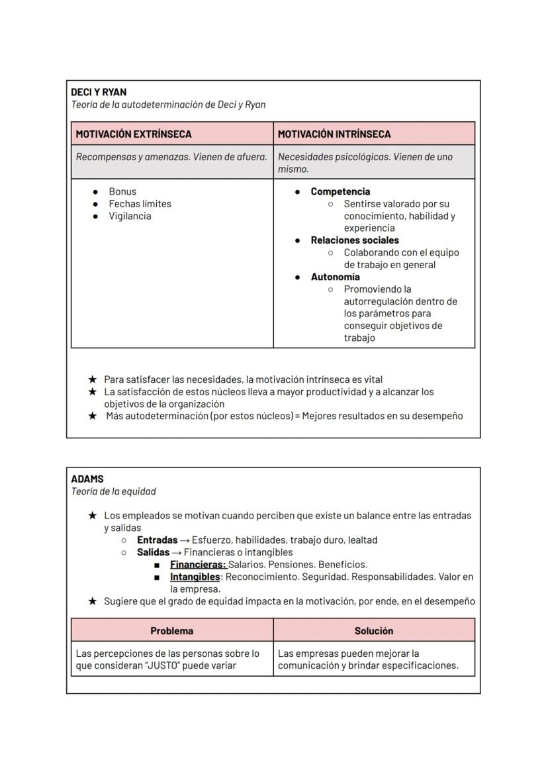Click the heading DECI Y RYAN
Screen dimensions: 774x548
pos(99,92)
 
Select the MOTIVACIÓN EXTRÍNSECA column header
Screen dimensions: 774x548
pos(134,134)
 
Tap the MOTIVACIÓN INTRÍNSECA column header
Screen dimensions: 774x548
pos(334,134)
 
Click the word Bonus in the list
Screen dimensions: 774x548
pos(122,191)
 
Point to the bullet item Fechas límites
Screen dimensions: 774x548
pos(140,204)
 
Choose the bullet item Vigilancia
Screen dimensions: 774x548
pos(130,216)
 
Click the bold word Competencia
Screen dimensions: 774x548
pos(340,191)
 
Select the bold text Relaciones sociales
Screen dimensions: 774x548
pos(355,240)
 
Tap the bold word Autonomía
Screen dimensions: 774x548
pos(335,277)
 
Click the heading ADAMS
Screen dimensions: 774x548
pos(87,479)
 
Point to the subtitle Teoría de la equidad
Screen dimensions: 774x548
pos(113,491)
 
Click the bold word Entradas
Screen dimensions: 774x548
pos(157,540)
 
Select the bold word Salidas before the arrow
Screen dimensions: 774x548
pos(153,552)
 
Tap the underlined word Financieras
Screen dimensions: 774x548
pos(198,565)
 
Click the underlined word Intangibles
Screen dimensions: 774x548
pos(195,577)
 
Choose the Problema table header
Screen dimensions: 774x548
pos(172,631)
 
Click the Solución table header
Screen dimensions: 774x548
pos(374,631)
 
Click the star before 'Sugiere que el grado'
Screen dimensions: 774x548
pos(93,601)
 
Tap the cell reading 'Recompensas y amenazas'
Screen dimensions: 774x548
pos(171,157)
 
